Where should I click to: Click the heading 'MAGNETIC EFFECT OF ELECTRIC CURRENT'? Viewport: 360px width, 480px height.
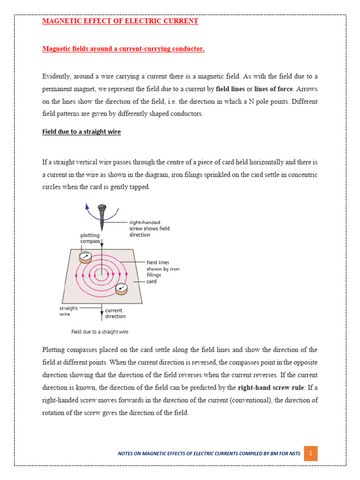(120, 21)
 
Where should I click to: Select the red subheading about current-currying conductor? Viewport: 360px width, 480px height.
(123, 49)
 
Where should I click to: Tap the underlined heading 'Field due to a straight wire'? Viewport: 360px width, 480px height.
(82, 132)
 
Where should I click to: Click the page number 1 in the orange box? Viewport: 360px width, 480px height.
(311, 454)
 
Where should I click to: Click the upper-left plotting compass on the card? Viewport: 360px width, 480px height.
(85, 256)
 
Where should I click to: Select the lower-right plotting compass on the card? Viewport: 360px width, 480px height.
(121, 288)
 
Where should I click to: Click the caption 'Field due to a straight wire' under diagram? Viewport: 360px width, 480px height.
(100, 332)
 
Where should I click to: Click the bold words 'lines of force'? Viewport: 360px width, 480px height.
(273, 89)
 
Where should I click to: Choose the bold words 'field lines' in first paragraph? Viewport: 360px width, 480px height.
(230, 89)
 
